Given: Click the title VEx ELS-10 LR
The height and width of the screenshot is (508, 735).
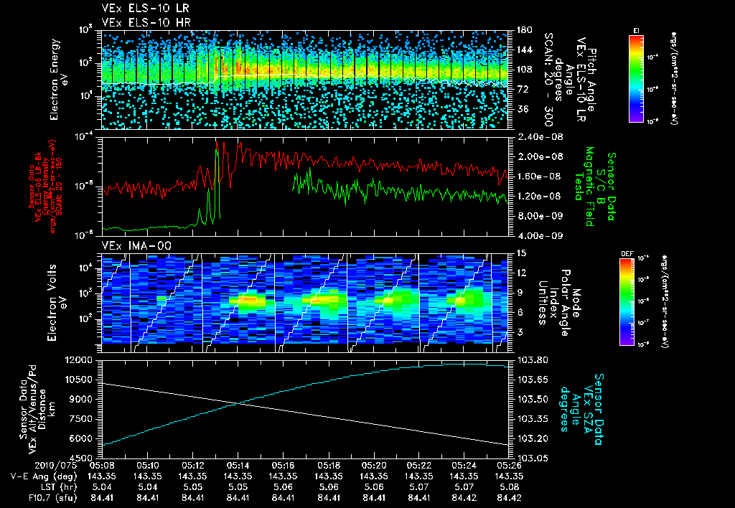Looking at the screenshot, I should pyautogui.click(x=139, y=9).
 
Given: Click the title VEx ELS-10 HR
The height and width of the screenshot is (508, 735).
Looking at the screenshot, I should pyautogui.click(x=139, y=22).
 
